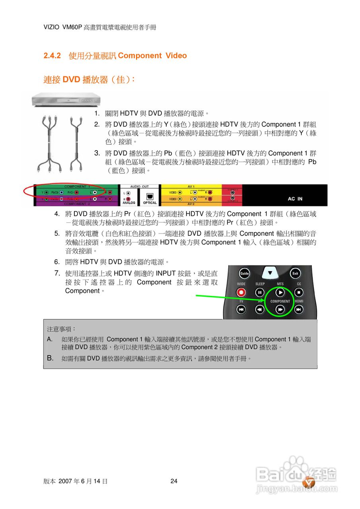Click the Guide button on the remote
point(244,273)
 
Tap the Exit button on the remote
point(295,273)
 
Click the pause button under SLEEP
point(260,293)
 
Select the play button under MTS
point(280,293)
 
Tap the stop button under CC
point(299,293)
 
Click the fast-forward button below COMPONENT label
point(280,309)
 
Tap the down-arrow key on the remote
point(270,273)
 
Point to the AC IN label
point(295,199)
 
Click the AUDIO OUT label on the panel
point(139,186)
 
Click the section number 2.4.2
point(52,56)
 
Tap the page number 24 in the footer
point(174,481)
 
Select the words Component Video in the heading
point(152,56)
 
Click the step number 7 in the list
point(57,273)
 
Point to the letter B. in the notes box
point(50,358)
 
